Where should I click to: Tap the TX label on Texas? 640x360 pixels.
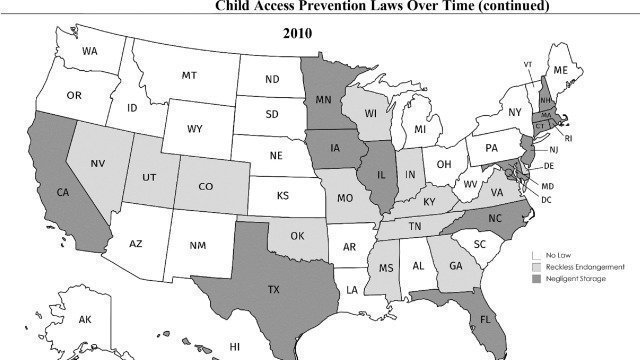pos(244,290)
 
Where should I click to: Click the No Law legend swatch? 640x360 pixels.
pos(535,255)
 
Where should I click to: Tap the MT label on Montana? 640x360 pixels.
pos(189,76)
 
